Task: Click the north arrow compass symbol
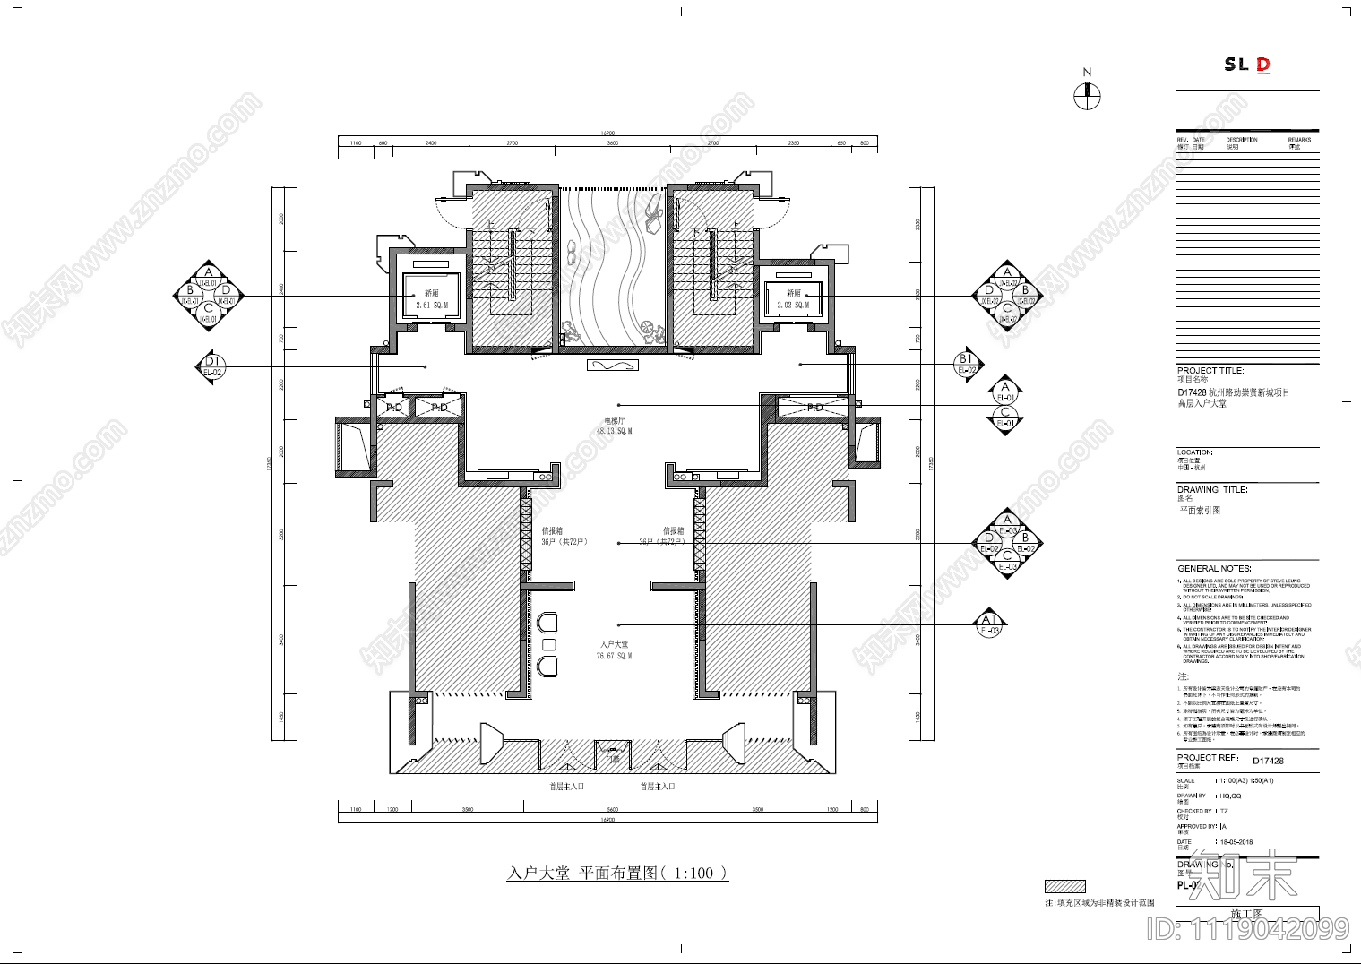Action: (1087, 96)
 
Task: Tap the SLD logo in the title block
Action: (1247, 65)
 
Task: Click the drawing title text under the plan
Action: (617, 873)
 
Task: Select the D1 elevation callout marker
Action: (212, 366)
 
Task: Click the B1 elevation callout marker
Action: (966, 364)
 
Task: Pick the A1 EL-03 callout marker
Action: (989, 624)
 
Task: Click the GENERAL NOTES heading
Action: (1214, 569)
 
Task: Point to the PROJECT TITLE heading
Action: (1210, 370)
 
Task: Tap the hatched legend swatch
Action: (1064, 886)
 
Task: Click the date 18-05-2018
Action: (1236, 842)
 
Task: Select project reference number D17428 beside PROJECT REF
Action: (1268, 761)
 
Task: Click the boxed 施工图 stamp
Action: (1246, 914)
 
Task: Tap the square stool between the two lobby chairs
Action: (549, 644)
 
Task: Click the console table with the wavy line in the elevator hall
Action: (613, 366)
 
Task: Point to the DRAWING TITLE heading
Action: (1212, 490)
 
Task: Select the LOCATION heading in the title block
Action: (1195, 452)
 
